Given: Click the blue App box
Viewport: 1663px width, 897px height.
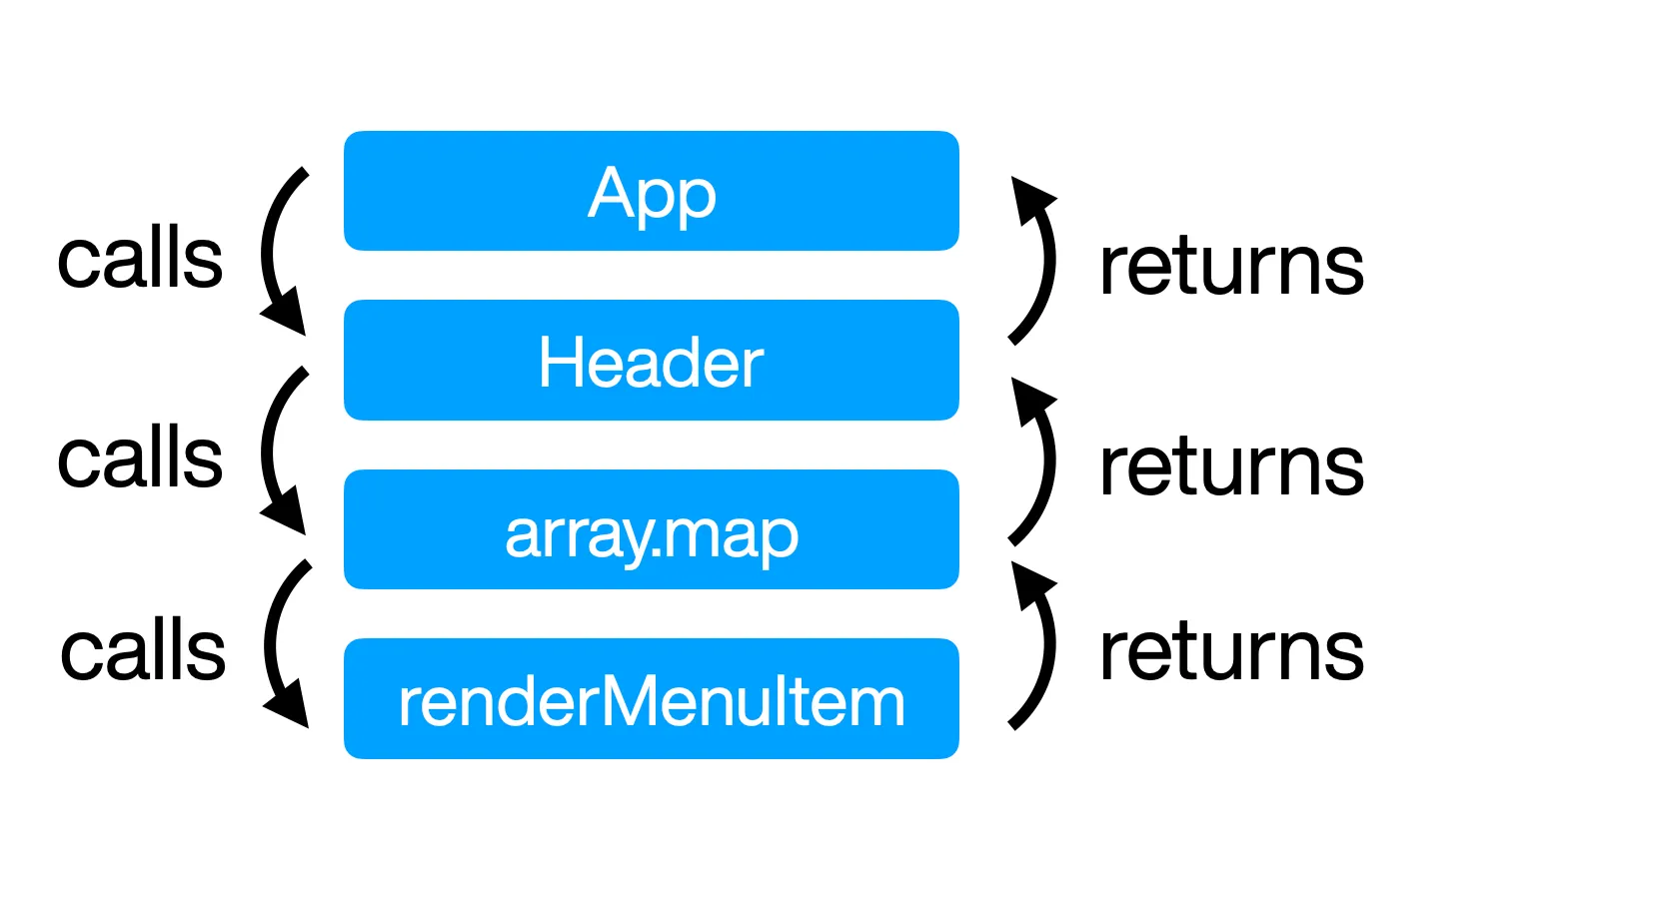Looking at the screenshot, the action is point(651,191).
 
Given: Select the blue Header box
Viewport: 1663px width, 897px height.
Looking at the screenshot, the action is point(651,360).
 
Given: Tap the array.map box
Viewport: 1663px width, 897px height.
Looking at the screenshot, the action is point(651,529).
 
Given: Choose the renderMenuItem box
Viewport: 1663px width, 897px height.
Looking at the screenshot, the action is point(651,698).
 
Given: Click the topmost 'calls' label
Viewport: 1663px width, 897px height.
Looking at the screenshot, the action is point(140,258).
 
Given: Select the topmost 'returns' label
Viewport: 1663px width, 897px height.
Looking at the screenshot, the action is point(1231,266).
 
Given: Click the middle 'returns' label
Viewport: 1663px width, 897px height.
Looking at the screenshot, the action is point(1231,465).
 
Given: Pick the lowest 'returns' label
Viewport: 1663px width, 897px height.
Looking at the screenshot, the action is point(1231,650).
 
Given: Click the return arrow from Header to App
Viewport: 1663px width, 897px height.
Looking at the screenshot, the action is point(1049,260).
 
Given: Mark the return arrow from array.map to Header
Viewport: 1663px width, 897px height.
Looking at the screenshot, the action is point(1049,460).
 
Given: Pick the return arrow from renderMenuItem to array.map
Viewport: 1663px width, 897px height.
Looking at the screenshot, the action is point(1049,645).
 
